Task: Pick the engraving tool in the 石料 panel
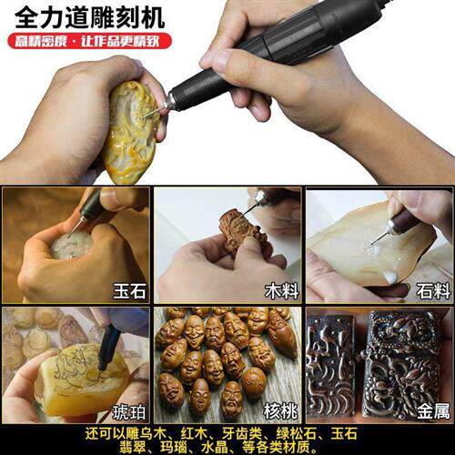[x=399, y=222]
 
